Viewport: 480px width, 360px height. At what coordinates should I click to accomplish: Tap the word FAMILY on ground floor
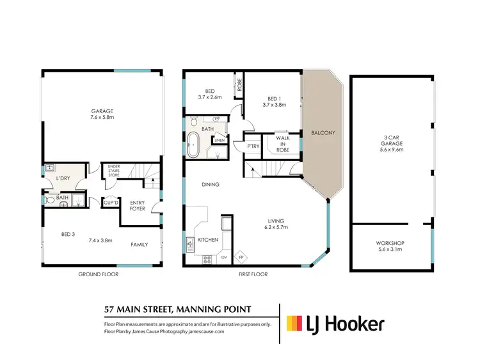[140, 244]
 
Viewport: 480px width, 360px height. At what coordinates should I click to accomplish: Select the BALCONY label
[323, 134]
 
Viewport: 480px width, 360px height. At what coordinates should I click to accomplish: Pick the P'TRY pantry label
[252, 146]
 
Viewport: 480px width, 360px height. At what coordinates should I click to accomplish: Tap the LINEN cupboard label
[219, 140]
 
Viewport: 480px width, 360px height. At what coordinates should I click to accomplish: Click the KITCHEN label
[208, 240]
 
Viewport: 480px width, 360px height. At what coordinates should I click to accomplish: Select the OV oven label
[225, 258]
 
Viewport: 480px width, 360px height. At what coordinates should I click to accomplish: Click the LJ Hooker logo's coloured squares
[294, 324]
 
